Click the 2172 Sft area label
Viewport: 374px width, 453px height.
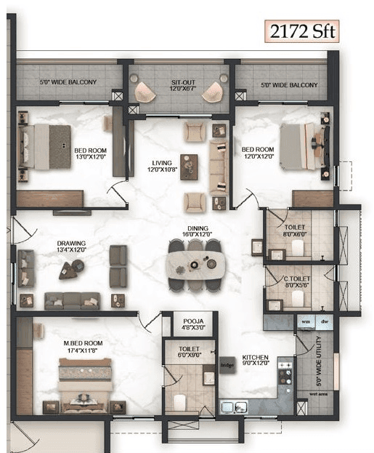(x=301, y=31)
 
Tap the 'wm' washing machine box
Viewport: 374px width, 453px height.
(x=305, y=321)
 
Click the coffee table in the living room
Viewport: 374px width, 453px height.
(x=189, y=167)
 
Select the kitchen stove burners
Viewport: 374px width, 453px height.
(x=285, y=374)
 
